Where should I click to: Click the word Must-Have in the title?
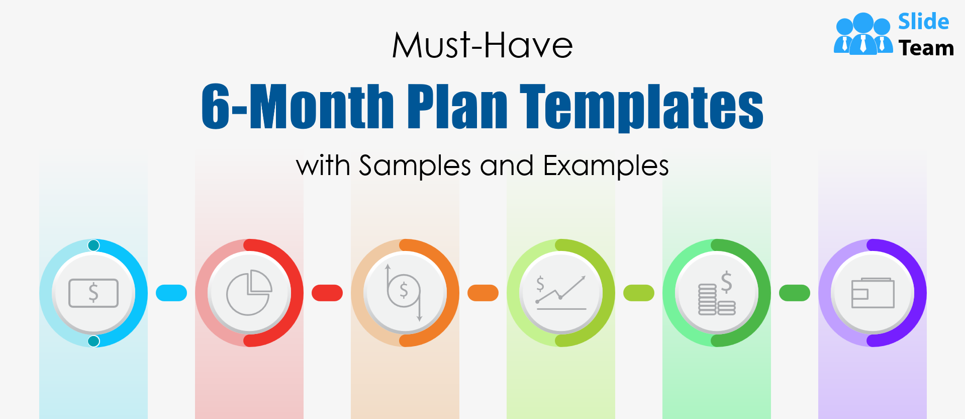pos(482,45)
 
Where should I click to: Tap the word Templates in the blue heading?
pos(642,107)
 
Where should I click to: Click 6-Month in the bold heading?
pos(298,105)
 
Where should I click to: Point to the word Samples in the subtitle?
pos(415,166)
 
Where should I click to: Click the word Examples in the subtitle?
pos(606,166)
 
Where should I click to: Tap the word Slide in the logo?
pos(924,22)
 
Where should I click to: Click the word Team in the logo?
pos(926,48)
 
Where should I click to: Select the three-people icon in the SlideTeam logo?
pos(863,33)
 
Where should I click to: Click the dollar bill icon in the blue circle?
pos(93,293)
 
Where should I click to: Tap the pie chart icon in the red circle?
pos(249,293)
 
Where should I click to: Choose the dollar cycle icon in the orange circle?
pos(404,293)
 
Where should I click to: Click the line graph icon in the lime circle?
pos(561,292)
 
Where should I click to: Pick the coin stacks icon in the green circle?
pos(717,293)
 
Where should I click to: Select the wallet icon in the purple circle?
pos(873,293)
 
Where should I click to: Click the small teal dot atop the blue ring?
pos(93,245)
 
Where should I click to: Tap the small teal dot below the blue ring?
pos(93,341)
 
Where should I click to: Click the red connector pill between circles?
pos(327,293)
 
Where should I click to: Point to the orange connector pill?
pos(483,293)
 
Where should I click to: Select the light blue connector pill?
pos(171,293)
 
